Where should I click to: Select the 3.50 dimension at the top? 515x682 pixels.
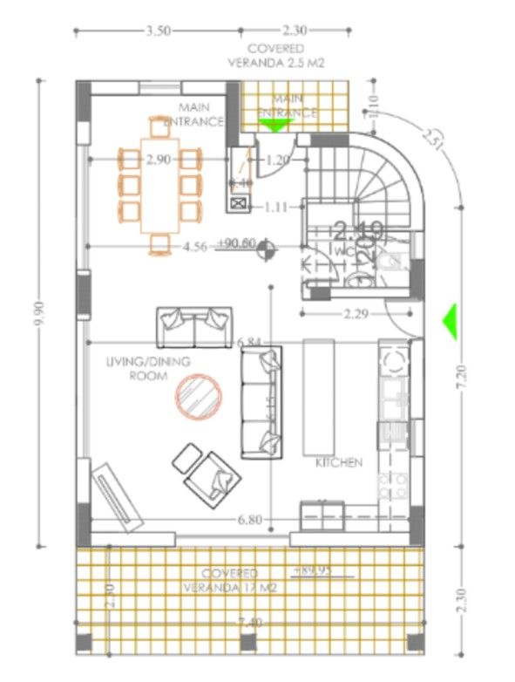coord(157,30)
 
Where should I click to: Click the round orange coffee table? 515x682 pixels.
coord(200,394)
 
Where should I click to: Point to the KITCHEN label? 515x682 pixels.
coord(339,463)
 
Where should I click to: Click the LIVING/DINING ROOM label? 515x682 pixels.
coord(136,368)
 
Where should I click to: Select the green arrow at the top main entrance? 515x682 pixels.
coord(275,125)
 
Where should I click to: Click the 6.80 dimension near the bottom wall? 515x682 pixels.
coord(249,521)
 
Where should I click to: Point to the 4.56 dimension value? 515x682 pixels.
coord(194,247)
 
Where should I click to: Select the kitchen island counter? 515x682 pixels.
coord(319,397)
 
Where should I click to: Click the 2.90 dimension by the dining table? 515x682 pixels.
coord(159,160)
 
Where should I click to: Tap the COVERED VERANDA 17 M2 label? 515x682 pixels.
coord(229,580)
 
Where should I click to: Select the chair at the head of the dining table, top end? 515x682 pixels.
coord(158,127)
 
